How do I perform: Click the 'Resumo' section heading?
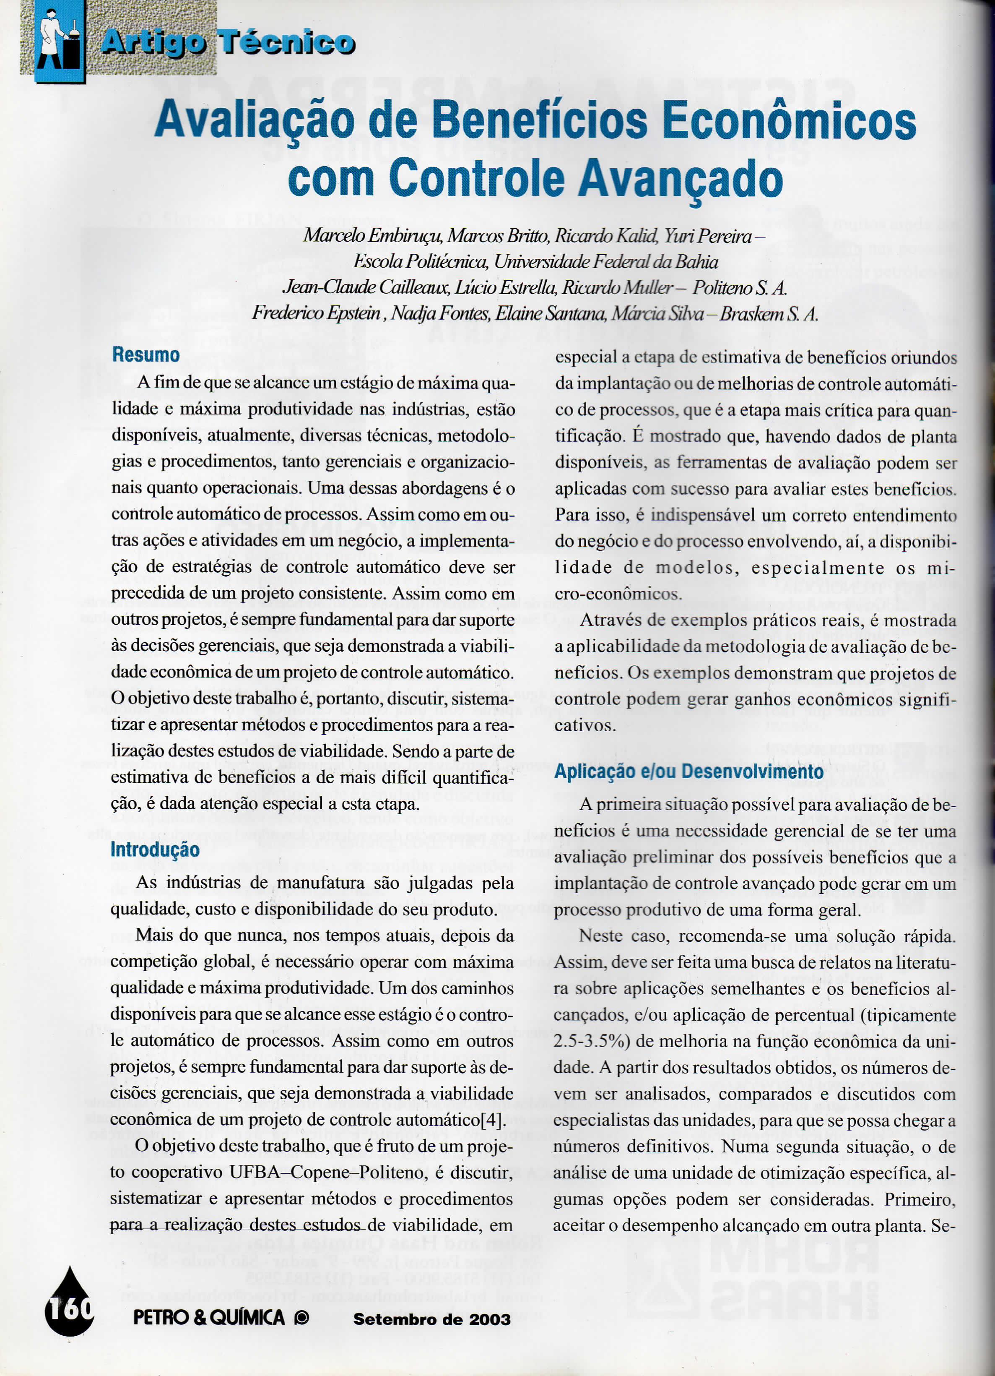(x=145, y=355)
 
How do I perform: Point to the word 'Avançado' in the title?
(x=680, y=178)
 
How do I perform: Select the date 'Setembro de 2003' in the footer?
(x=432, y=1319)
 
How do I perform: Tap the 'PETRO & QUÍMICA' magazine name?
(x=209, y=1317)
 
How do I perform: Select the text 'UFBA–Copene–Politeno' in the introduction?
(x=327, y=1172)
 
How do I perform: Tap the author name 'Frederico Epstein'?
(x=317, y=314)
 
